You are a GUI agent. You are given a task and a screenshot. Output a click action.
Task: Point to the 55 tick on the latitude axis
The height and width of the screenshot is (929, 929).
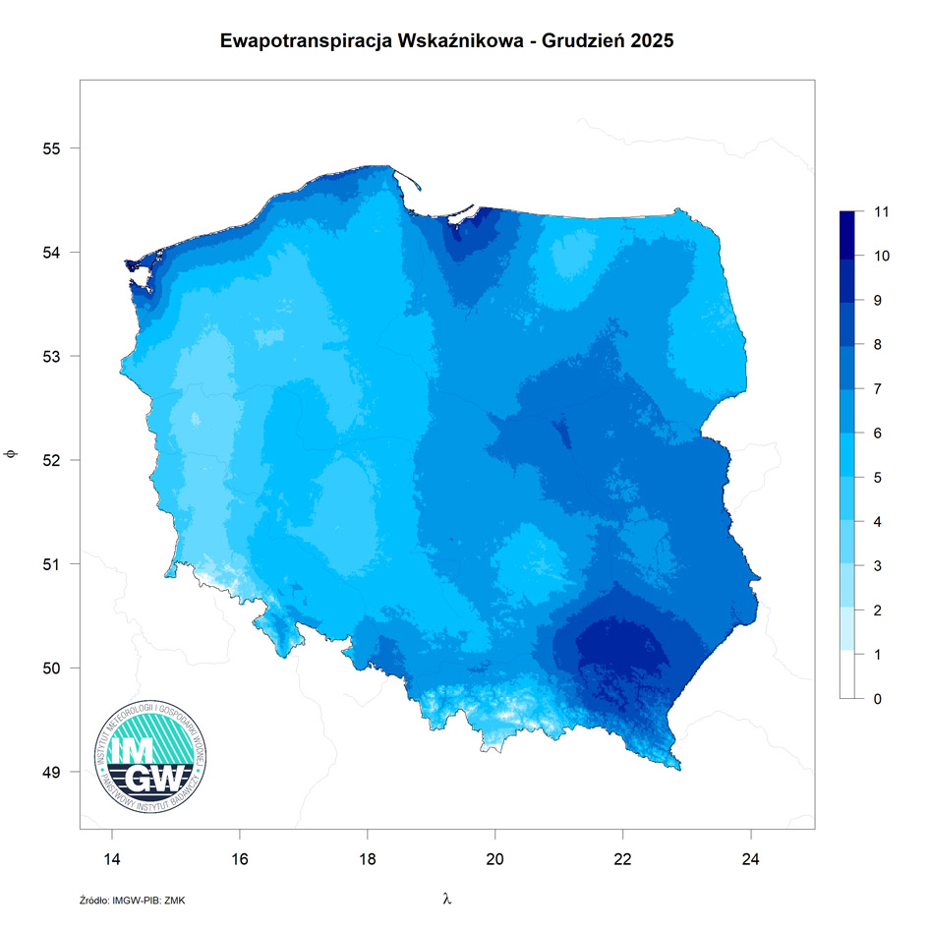[52, 148]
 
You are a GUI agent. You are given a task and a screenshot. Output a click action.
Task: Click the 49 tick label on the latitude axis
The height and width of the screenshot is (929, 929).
[52, 772]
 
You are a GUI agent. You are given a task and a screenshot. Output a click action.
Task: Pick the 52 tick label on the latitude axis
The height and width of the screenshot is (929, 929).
[52, 460]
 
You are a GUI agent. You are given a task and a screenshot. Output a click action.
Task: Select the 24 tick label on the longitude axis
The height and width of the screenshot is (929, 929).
[751, 857]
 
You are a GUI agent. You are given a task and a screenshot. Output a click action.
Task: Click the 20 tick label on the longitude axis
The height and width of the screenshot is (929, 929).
[495, 857]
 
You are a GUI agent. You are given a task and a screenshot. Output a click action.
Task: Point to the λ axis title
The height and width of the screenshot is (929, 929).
[447, 899]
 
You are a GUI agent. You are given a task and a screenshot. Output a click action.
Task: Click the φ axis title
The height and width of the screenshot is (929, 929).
[11, 454]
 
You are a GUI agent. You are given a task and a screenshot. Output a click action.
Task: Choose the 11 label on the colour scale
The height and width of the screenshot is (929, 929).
[881, 211]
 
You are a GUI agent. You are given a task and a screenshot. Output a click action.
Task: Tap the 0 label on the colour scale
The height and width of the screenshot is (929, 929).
[878, 699]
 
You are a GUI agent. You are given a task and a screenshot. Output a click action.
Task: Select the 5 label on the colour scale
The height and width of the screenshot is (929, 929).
[878, 478]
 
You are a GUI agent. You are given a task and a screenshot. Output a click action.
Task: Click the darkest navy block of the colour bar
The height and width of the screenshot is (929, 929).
[850, 233]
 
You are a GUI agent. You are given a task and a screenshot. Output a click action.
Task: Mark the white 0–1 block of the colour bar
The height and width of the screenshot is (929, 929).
[850, 676]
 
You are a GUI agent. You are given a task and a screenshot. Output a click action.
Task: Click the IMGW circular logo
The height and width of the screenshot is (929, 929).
[152, 756]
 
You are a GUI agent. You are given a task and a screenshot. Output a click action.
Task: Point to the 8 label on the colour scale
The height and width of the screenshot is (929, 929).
[878, 345]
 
